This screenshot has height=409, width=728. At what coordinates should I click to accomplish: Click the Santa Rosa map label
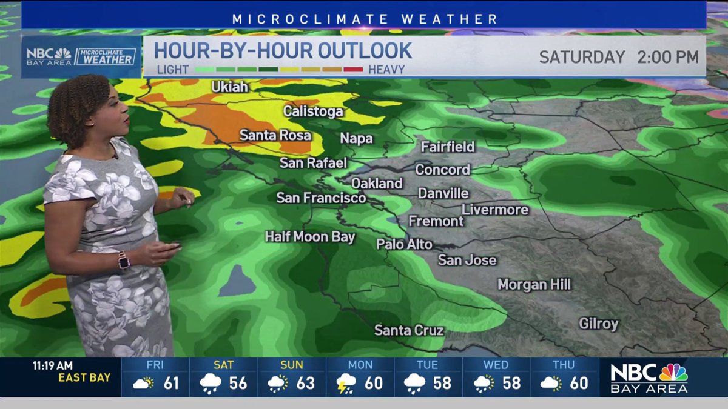[x=275, y=135]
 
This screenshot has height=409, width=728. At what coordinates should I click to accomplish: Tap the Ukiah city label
[x=230, y=87]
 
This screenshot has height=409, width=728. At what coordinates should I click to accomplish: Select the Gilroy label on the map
[x=598, y=324]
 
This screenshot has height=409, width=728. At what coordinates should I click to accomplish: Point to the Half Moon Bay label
[x=309, y=236]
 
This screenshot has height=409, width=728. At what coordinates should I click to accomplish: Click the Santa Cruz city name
[x=409, y=331]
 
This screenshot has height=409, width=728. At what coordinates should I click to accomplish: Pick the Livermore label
[x=495, y=210]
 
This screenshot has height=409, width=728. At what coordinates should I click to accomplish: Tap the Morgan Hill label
[x=534, y=284]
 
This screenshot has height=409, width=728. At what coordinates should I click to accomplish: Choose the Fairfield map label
[x=448, y=147]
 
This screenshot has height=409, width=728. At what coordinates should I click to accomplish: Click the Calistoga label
[x=313, y=111]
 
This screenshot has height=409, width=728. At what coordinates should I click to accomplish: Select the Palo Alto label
[x=404, y=244]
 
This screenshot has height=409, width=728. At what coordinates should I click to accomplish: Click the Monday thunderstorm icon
[x=346, y=384]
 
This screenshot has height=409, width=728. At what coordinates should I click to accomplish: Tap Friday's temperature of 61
[x=172, y=383]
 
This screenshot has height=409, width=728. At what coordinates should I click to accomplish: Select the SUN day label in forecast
[x=292, y=365]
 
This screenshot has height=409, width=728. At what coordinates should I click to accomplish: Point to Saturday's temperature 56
[x=239, y=383]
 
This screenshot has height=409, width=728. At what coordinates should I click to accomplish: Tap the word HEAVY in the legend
[x=386, y=69]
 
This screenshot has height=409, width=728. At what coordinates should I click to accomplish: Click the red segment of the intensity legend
[x=353, y=69]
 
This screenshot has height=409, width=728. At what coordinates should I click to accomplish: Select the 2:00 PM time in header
[x=667, y=57]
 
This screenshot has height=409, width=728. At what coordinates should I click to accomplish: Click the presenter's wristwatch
[x=124, y=261]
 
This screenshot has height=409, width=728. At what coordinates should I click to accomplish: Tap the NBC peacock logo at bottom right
[x=673, y=372]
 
